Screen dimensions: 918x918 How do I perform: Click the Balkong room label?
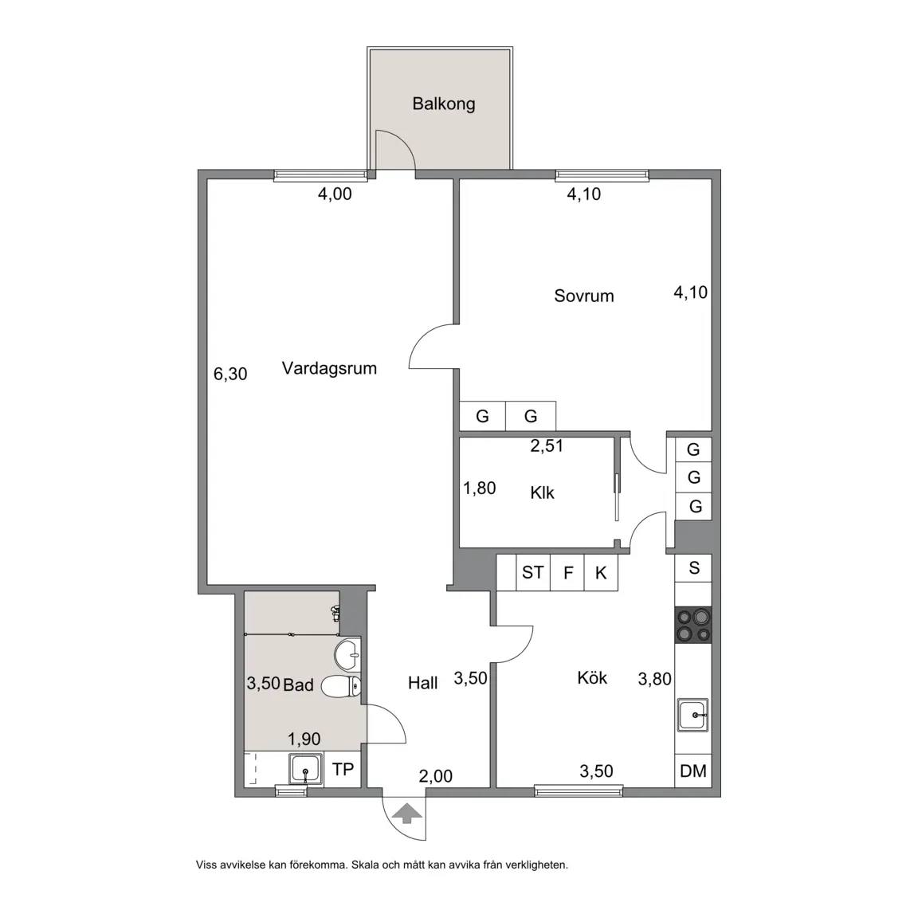click(x=443, y=104)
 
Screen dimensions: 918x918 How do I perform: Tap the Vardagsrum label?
click(x=329, y=368)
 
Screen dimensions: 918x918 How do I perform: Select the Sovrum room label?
click(x=583, y=296)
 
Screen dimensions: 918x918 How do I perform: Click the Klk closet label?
click(x=542, y=493)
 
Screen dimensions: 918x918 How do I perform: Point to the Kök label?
click(x=592, y=678)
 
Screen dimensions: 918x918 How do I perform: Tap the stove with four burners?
click(x=694, y=625)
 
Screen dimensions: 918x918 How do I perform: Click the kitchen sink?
click(x=693, y=715)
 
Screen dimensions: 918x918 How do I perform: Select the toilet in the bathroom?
click(x=341, y=686)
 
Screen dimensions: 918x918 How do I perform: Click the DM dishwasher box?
click(x=694, y=771)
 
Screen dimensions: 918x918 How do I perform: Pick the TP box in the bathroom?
click(x=343, y=769)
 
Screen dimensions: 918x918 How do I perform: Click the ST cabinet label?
click(x=533, y=572)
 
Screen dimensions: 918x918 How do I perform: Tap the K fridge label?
click(x=601, y=573)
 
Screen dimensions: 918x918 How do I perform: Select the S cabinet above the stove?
click(x=694, y=568)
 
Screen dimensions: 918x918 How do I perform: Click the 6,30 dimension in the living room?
click(x=230, y=374)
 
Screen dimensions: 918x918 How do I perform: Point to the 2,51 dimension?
click(x=547, y=446)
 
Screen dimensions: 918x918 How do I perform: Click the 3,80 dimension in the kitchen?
click(x=654, y=679)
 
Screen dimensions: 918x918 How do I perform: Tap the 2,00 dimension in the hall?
click(x=436, y=776)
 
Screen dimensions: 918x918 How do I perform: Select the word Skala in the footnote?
click(x=365, y=865)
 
